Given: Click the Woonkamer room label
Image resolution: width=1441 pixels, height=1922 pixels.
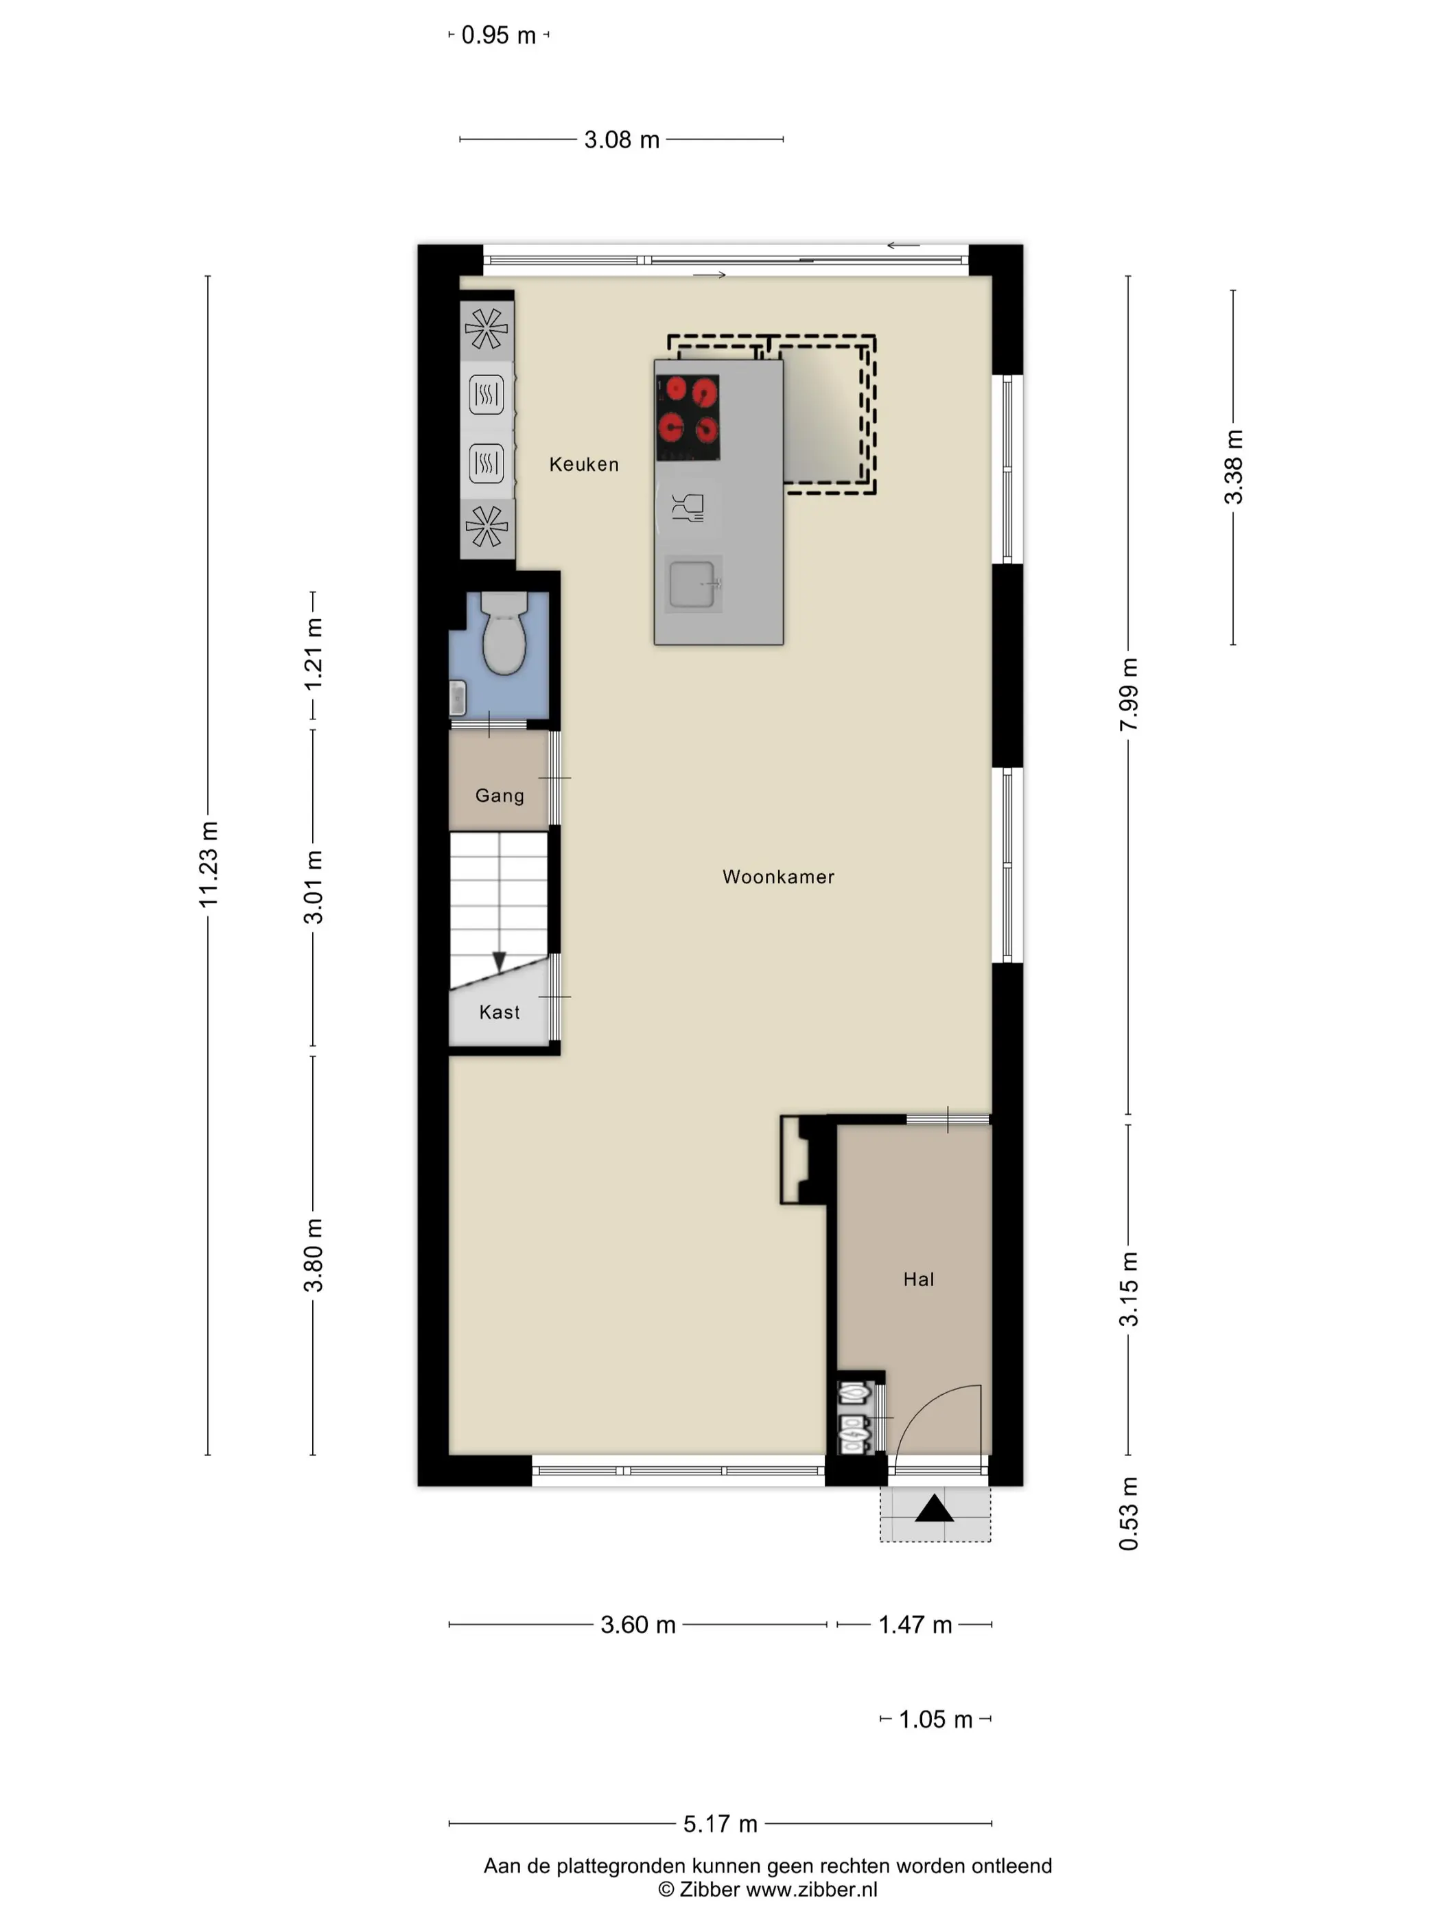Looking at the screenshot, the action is coord(777,877).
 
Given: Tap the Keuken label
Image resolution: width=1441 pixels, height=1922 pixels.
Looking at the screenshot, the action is coord(584,464).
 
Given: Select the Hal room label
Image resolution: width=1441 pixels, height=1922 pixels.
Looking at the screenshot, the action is coord(918,1278).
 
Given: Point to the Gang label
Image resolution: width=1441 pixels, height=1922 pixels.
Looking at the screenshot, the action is coord(500,795).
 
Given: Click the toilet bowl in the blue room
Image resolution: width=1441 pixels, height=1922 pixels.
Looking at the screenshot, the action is coord(504,634).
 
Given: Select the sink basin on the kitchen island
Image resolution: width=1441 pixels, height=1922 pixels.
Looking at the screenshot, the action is coord(693,583).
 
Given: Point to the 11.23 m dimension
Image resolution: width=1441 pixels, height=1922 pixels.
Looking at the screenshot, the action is coord(208,864).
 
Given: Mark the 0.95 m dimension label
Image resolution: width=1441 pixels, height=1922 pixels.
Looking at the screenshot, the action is coord(499,35).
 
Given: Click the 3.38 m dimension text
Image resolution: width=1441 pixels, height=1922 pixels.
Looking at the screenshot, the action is coord(1233,467).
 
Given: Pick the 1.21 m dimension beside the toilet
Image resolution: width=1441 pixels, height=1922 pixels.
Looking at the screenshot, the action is coord(313,654).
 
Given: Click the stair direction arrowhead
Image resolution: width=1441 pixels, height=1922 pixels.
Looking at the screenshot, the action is coord(499,962).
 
